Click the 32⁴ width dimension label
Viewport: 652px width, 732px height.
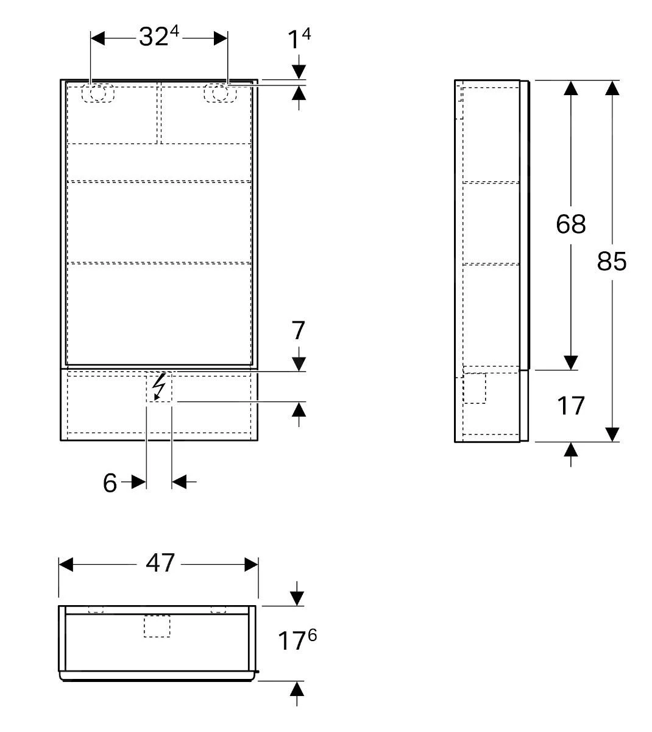158,37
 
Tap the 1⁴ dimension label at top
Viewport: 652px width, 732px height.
299,39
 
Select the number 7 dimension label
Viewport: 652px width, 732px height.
298,331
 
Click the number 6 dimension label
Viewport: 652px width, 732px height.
110,483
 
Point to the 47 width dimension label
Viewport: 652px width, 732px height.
160,563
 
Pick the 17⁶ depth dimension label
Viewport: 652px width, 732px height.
297,640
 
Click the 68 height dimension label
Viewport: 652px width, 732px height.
570,224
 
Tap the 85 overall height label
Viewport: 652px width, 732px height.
612,261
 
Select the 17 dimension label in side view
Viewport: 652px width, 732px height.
570,406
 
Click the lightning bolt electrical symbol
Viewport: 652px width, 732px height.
158,387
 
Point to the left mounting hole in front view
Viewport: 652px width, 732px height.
98,93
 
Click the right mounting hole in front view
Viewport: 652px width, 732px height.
220,93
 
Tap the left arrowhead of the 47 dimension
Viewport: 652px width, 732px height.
66,565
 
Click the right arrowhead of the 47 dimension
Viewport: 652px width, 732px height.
251,565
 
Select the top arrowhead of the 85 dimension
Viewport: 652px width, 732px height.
612,88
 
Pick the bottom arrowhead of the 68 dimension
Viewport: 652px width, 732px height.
570,362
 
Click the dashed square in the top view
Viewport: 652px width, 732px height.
157,626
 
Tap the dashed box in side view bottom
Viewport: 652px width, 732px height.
475,389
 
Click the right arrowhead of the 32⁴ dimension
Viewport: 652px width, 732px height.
220,38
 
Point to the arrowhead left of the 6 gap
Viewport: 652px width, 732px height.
139,483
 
